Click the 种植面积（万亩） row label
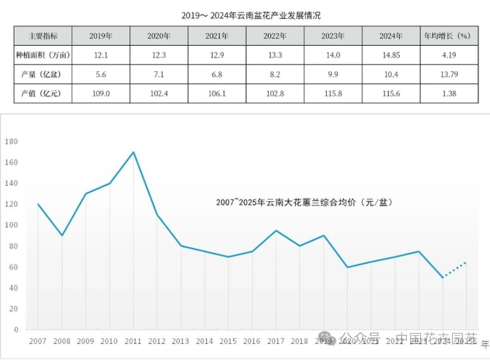pos(43,55)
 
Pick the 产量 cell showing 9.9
pos(333,74)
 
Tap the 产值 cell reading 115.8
pos(333,94)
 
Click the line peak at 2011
pos(133,152)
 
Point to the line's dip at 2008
pos(62,235)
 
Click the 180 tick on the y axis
pos(12,141)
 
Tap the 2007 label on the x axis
pos(38,340)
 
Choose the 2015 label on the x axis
pos(229,340)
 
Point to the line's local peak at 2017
pos(276,231)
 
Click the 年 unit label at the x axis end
pos(485,342)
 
